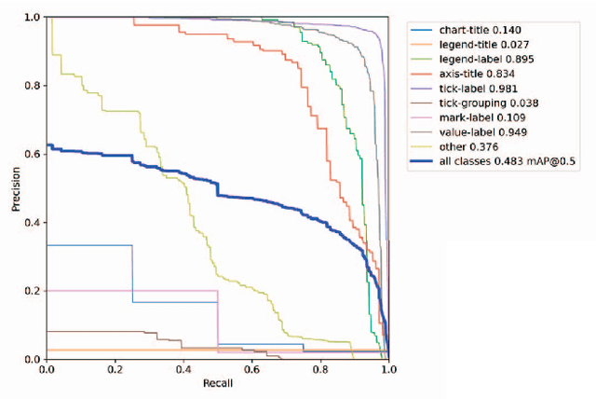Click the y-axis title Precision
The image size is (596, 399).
coord(16,189)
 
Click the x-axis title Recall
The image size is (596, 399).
coord(218,384)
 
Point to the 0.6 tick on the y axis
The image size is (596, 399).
coord(34,155)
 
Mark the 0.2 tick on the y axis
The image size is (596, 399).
coord(34,291)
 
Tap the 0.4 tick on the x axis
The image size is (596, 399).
coord(183,370)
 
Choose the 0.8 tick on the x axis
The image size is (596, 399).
coord(320,370)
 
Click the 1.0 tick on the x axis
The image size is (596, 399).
coord(388,370)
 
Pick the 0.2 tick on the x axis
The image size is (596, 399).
coord(115,370)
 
